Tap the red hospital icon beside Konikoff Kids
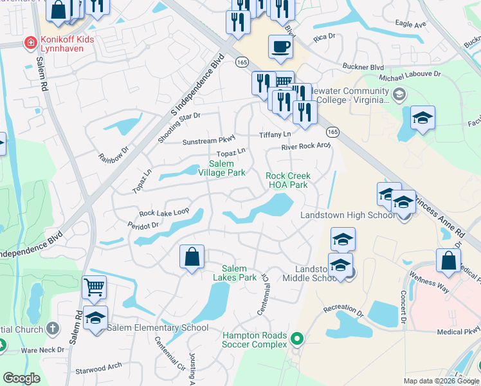pos(29,43)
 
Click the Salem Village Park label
pos(221,169)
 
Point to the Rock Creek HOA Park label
pos(288,180)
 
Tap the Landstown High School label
pos(347,215)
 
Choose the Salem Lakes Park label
pos(239,273)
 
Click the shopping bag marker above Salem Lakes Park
pos(192,257)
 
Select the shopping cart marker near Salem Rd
pos(95,287)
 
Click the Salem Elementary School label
pos(158,327)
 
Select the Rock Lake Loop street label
pos(164,212)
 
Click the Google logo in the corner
pos(22,379)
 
